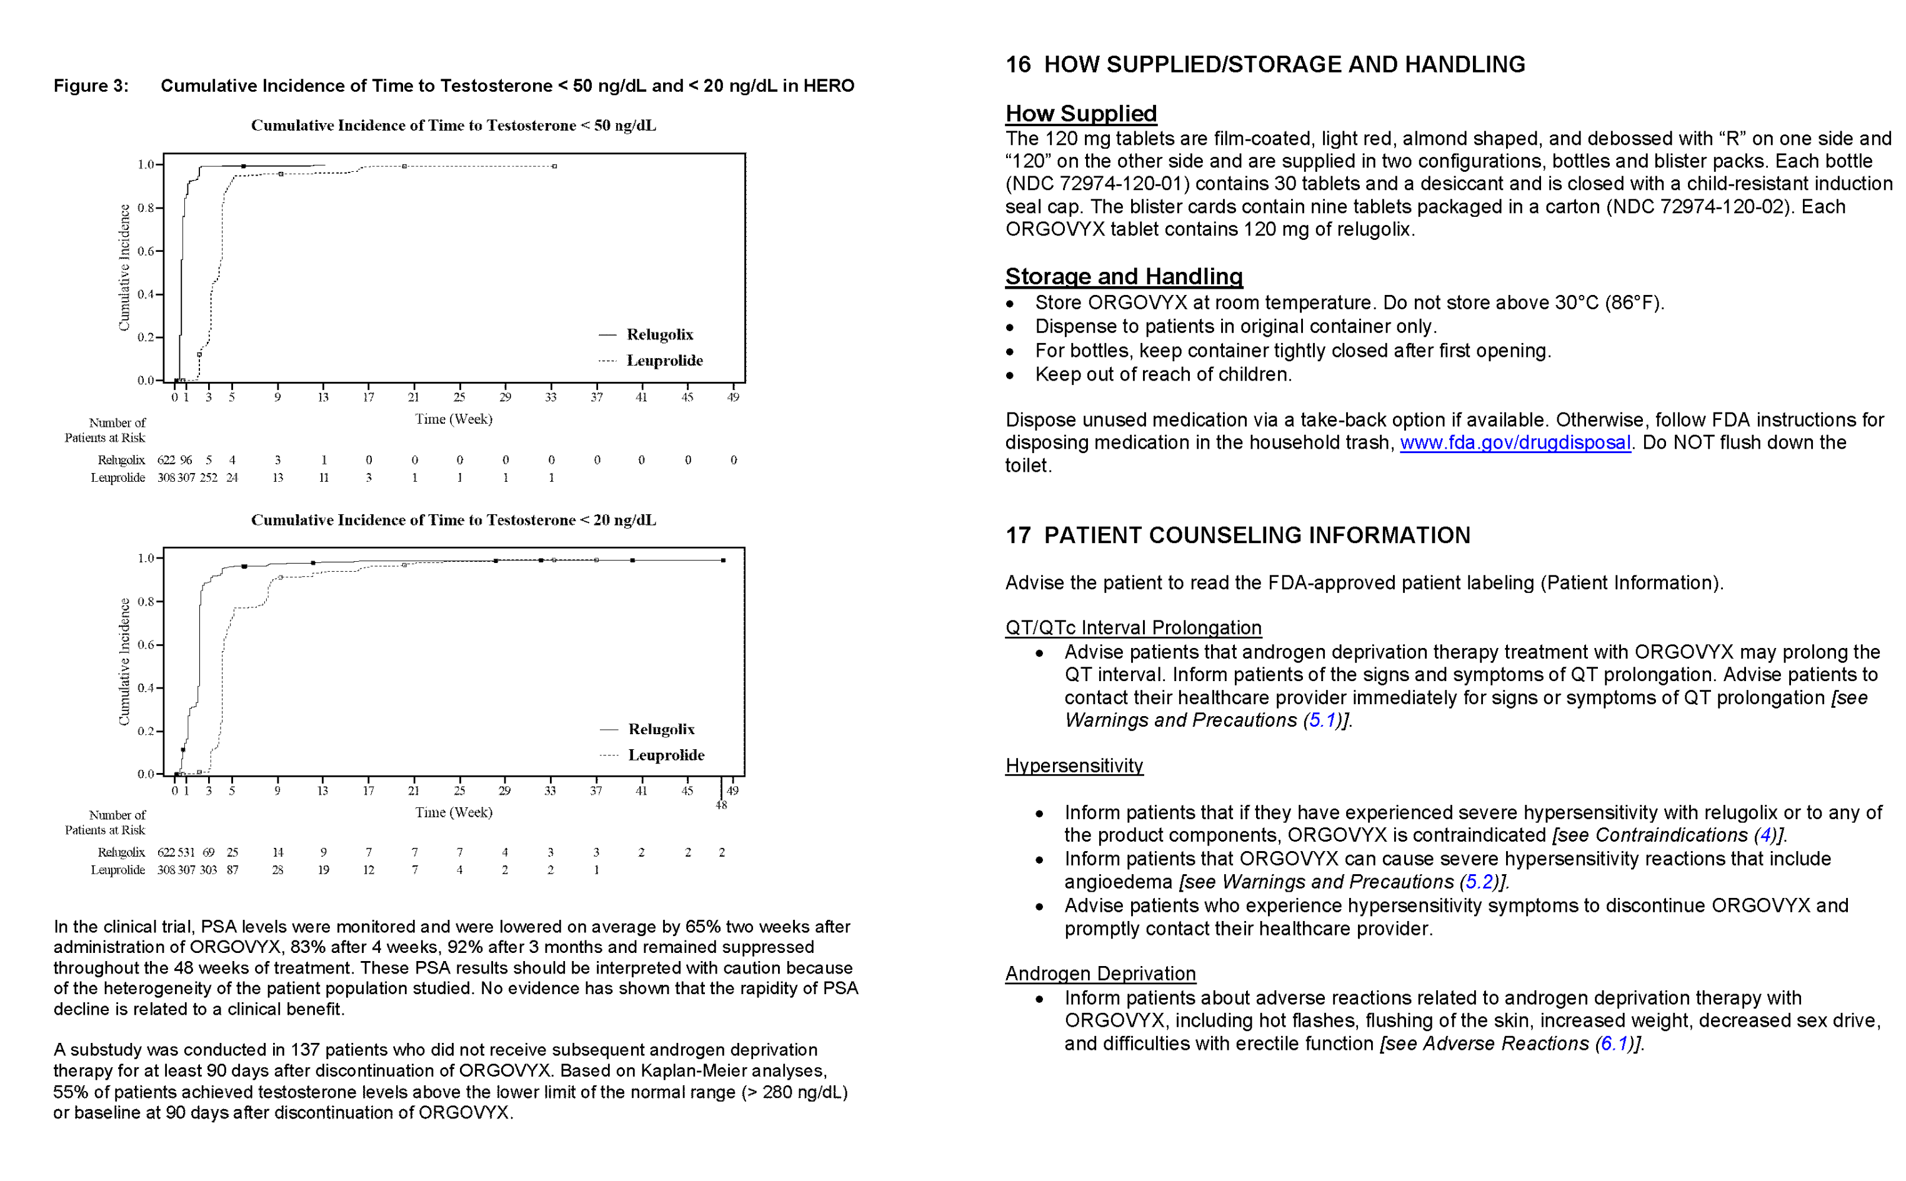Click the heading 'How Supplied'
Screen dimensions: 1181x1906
tap(1080, 114)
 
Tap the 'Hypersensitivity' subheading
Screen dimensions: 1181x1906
tap(1074, 765)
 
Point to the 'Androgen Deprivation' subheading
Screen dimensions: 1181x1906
tap(1099, 974)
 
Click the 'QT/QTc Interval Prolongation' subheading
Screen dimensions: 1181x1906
tap(1132, 627)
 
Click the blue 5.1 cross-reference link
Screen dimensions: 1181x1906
tap(1322, 720)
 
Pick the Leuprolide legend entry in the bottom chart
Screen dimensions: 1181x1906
tap(666, 755)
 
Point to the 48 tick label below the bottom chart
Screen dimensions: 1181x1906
tap(721, 805)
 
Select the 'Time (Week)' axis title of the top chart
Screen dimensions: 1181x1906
tap(453, 419)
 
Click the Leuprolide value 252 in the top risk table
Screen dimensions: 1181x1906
tap(209, 478)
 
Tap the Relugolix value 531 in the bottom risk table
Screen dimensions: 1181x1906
tap(186, 852)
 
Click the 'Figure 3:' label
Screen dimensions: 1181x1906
tap(91, 86)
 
